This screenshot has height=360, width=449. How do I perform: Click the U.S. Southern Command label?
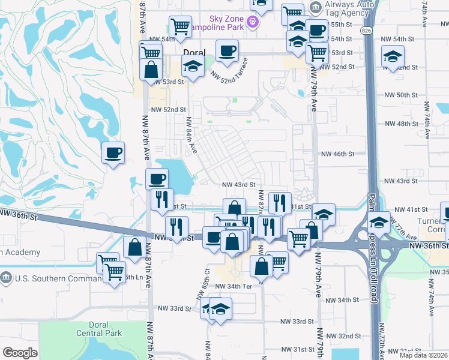tap(56, 278)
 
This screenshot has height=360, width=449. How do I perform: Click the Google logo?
tap(20, 353)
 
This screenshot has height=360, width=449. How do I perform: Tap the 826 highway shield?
tap(366, 29)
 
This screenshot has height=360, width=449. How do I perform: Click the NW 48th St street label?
tap(400, 124)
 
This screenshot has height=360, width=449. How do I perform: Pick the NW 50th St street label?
tap(400, 95)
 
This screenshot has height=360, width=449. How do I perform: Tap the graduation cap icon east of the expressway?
tap(393, 58)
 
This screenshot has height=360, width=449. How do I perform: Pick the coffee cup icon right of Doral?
tap(227, 52)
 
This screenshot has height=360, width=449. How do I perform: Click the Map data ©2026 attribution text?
tap(423, 355)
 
